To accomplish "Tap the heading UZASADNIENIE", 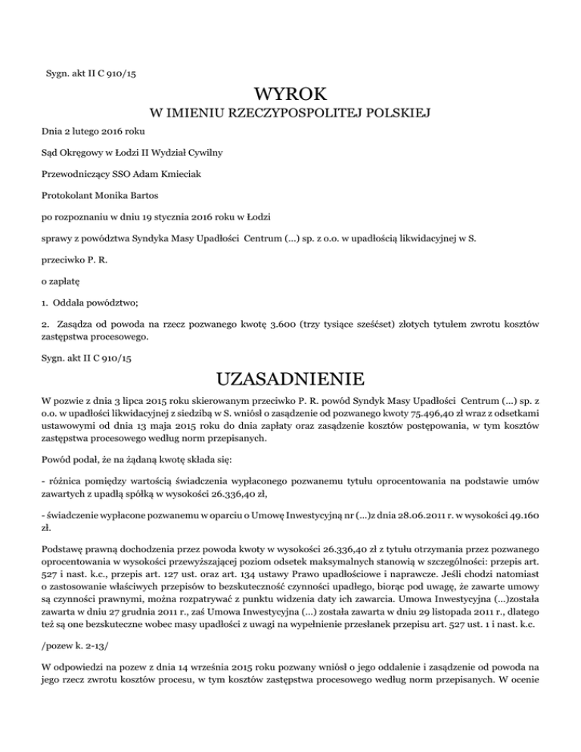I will (290, 378).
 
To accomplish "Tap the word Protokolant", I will (66, 195).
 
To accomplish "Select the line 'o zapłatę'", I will (61, 280).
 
